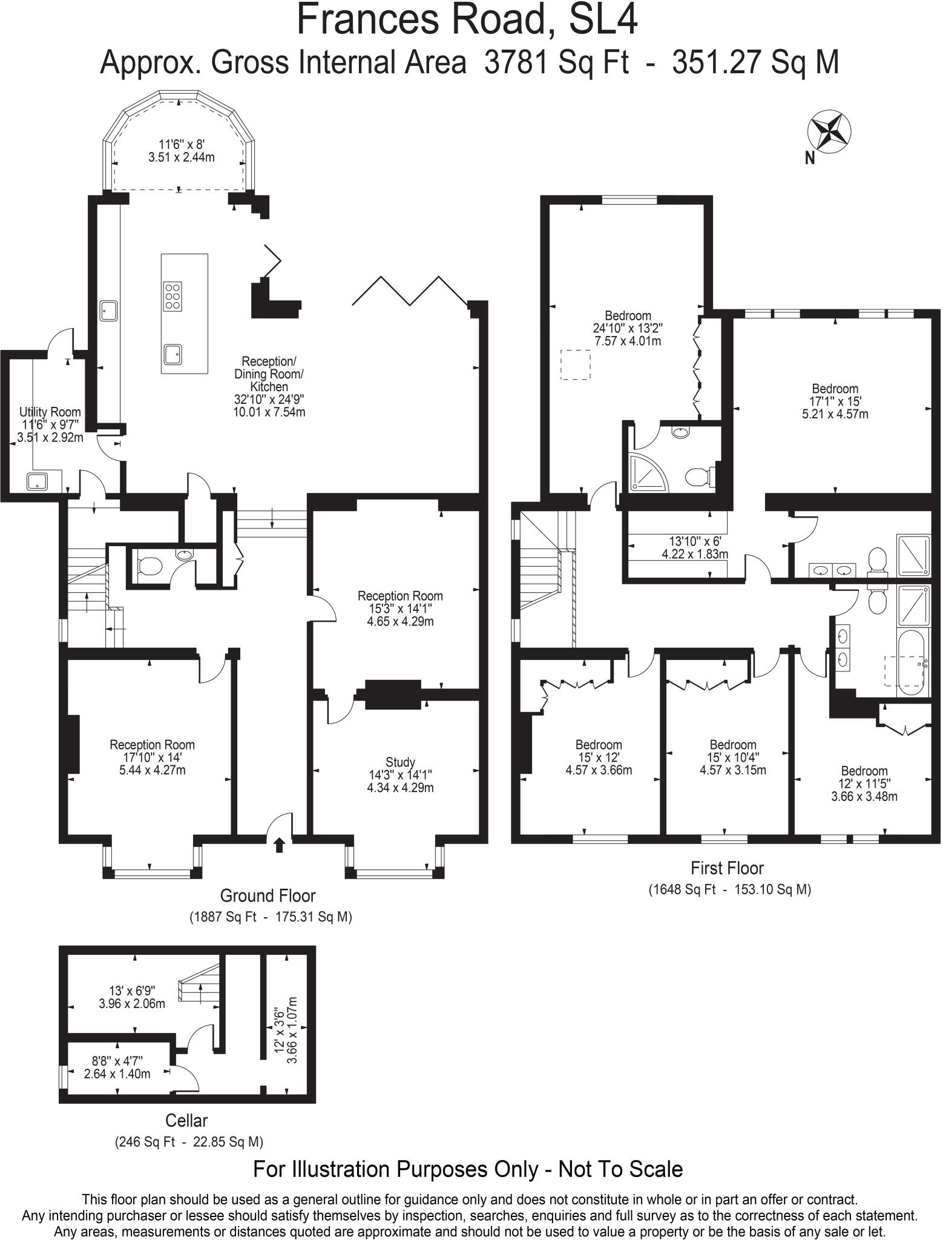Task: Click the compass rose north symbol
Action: (x=829, y=133)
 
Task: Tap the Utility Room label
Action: (x=50, y=412)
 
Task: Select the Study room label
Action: (x=400, y=762)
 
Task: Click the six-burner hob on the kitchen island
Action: (x=173, y=296)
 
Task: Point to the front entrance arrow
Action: (x=279, y=844)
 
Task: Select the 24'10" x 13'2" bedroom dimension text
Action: (x=628, y=328)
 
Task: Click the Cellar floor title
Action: (x=186, y=1121)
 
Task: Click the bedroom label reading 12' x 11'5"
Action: (x=864, y=783)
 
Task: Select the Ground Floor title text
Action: (x=268, y=895)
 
